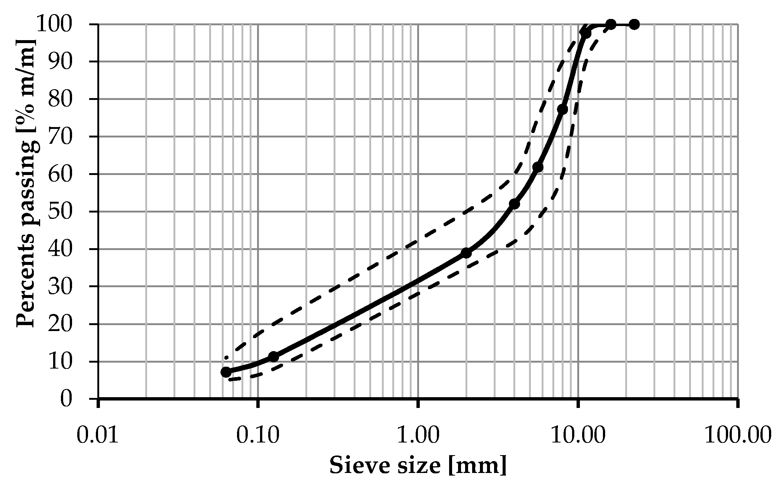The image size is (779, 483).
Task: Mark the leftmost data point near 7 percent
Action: (x=226, y=372)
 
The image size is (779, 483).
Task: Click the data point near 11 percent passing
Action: (x=274, y=357)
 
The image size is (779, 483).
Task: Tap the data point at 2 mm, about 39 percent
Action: (x=466, y=253)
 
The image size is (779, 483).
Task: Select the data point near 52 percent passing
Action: (x=515, y=204)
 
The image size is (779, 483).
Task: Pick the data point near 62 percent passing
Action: (x=538, y=167)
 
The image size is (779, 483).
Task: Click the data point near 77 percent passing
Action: (x=562, y=109)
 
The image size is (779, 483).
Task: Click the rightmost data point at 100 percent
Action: (x=634, y=25)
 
